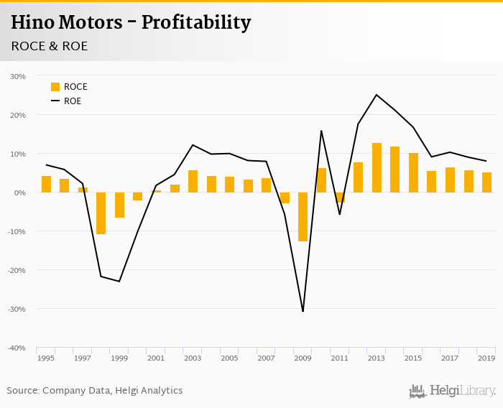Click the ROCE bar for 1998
point(101,213)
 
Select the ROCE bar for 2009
point(303,216)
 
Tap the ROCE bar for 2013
point(377,168)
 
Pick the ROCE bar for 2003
point(193,181)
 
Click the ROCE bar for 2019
point(486,182)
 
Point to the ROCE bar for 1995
point(46,184)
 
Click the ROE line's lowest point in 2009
point(303,311)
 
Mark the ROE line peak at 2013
point(377,95)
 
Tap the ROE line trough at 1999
point(119,281)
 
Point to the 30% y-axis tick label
point(17,76)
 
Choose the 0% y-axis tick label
point(20,193)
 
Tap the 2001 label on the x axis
point(156,358)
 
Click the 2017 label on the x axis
point(450,358)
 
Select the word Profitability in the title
point(195,23)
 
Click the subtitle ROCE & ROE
point(50,45)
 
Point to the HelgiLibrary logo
point(453,391)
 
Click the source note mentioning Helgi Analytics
point(95,391)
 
